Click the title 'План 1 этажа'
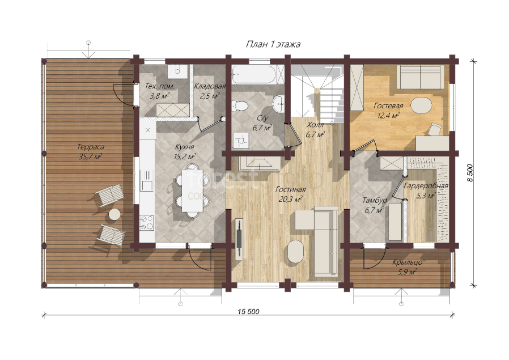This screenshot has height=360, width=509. click(x=273, y=44)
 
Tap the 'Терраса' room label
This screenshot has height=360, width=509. click(x=91, y=147)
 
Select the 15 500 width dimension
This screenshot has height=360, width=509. click(x=248, y=312)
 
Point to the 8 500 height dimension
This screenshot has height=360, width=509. click(x=470, y=173)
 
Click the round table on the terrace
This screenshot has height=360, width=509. click(x=114, y=214)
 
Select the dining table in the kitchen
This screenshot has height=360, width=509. click(x=192, y=191)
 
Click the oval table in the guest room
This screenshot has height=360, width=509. click(x=421, y=105)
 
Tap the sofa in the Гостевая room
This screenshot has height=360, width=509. click(x=421, y=77)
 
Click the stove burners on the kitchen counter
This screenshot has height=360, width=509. click(x=147, y=223)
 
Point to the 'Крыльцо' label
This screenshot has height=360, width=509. click(x=407, y=262)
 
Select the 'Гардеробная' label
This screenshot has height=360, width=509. click(x=426, y=186)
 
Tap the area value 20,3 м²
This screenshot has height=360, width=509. click(x=291, y=199)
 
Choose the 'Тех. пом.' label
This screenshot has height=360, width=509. click(x=159, y=86)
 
